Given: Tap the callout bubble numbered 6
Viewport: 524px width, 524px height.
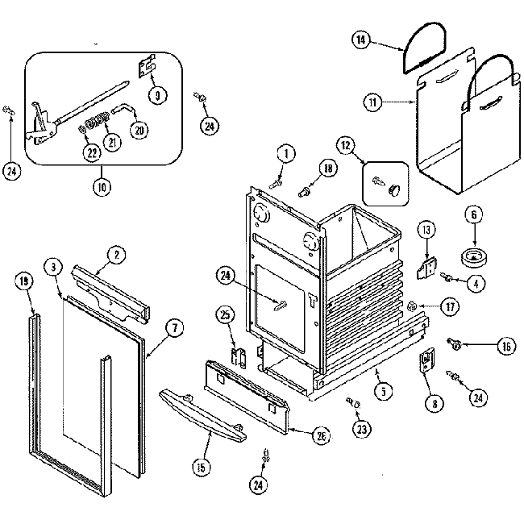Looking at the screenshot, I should [474, 216].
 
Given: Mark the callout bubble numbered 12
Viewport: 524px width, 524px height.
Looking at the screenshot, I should [346, 146].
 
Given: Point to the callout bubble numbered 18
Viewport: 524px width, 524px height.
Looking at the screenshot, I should [326, 168].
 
